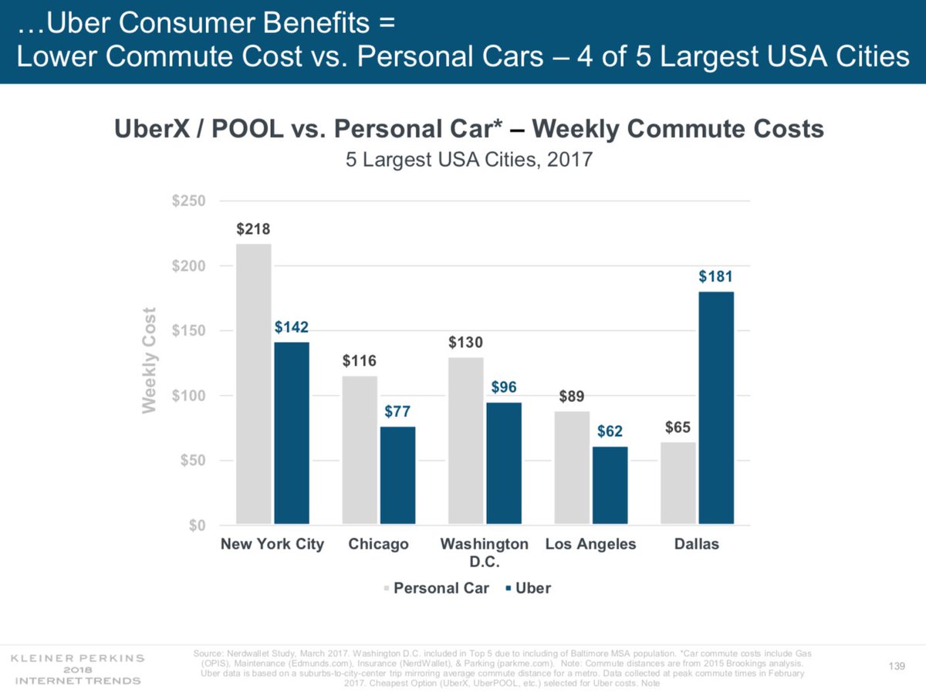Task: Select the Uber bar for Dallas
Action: (716, 408)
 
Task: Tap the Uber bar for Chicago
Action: (397, 475)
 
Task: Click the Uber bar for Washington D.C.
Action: (504, 463)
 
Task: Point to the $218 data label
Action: (253, 229)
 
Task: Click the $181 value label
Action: (715, 276)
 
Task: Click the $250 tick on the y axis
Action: (188, 201)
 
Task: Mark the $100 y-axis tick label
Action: (188, 396)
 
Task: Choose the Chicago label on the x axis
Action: (378, 544)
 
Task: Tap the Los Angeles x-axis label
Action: (590, 544)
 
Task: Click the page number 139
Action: (895, 666)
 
